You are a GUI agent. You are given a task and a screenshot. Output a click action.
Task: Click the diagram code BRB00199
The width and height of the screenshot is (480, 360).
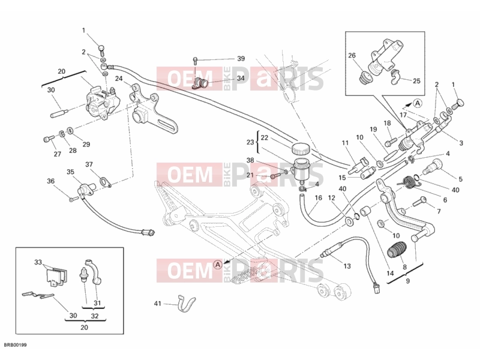point(16,346)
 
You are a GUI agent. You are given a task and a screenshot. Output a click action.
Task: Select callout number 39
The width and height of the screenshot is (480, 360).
point(241,58)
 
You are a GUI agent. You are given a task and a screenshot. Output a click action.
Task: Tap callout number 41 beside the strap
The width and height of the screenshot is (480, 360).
point(157,304)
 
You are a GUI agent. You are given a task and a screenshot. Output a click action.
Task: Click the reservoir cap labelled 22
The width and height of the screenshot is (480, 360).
point(301,149)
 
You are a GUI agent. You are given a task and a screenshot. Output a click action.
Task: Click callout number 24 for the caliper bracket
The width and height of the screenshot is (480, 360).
point(119,79)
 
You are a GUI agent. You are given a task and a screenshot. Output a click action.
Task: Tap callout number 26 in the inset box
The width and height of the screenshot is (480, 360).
point(352,55)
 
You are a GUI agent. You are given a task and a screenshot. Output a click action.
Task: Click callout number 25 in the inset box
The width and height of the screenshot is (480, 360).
point(416,81)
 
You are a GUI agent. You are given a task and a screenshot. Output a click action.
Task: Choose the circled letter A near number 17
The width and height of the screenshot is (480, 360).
point(418,103)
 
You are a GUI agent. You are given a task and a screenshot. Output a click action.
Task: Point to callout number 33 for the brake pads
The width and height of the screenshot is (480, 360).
point(38,262)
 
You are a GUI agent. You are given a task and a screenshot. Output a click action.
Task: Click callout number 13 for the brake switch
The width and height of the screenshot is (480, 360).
point(347,266)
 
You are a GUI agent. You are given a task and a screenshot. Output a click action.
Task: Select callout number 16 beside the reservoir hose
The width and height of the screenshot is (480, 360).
point(319,198)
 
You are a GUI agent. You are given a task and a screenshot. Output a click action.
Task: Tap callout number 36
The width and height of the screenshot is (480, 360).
point(51,181)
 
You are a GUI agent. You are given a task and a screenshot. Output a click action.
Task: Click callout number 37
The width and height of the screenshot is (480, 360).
point(89,164)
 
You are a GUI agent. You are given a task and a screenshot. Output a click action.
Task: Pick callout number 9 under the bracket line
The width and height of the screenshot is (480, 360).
point(407,281)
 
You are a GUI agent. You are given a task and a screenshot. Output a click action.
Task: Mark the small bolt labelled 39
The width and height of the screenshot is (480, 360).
point(194,60)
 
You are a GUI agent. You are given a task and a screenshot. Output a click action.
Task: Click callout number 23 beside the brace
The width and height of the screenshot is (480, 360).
point(250,142)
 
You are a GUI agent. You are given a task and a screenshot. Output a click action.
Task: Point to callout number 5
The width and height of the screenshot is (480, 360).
point(460,179)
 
